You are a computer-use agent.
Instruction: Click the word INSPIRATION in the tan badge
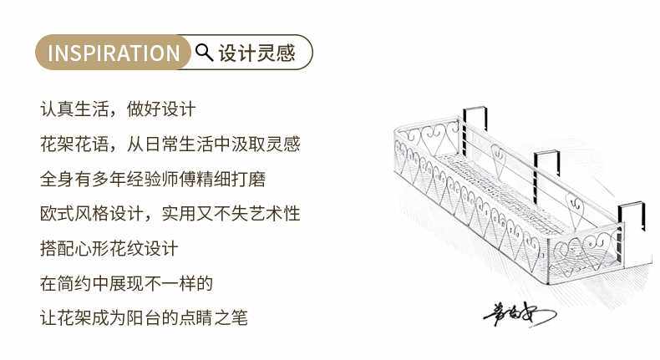tap(114, 53)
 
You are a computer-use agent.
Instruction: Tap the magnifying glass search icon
tap(203, 53)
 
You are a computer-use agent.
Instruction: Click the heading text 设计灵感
tap(256, 53)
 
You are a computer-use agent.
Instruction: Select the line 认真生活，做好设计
tap(117, 109)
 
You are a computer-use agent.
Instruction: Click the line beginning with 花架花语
tap(170, 144)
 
